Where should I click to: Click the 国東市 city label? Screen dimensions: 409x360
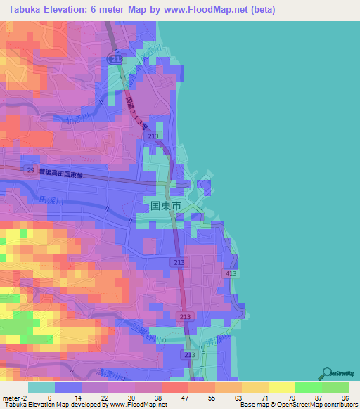pos(166,207)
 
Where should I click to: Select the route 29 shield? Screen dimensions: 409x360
pos(30,170)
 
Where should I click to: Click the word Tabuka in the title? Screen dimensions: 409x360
pos(28,10)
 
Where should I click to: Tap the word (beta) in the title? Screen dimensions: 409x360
pos(259,10)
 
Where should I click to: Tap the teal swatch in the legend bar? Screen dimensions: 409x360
pos(41,387)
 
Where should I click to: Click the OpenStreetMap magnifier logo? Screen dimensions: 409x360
pos(326,373)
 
